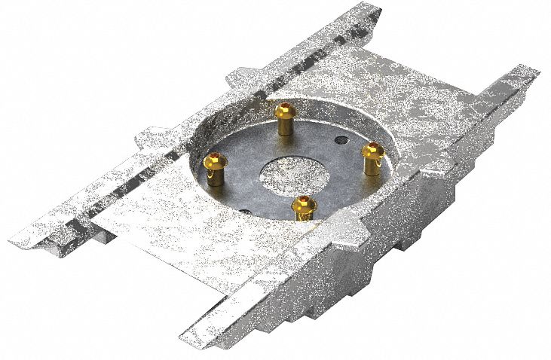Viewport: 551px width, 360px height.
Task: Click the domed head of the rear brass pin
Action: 286,112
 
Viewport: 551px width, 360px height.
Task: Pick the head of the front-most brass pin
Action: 304,203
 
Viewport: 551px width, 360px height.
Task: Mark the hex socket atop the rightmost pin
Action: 371,150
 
